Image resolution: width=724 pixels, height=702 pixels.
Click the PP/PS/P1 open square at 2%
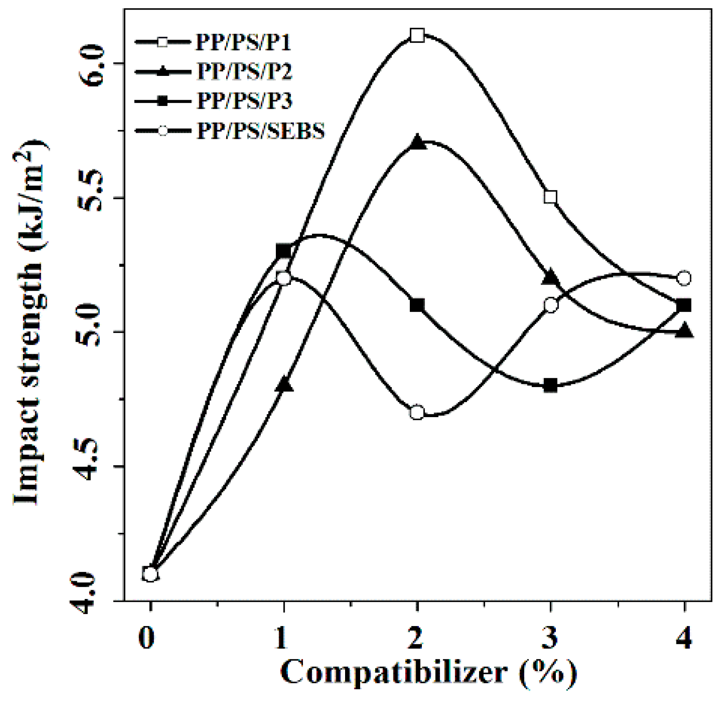(417, 35)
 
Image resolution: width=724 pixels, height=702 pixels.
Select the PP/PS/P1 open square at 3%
(550, 197)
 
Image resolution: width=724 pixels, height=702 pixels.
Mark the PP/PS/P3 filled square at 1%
(284, 252)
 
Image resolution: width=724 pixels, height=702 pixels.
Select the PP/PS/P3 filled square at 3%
(550, 385)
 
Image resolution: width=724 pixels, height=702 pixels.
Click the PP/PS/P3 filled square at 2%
(417, 305)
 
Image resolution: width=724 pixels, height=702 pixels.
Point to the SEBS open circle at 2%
(417, 413)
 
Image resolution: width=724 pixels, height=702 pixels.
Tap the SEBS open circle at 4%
(684, 278)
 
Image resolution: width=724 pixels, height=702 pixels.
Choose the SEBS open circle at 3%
(550, 305)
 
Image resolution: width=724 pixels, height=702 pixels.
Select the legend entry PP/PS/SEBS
(260, 131)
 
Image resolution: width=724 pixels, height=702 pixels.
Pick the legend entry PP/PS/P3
(244, 101)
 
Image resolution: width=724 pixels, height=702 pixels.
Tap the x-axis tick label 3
(550, 637)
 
